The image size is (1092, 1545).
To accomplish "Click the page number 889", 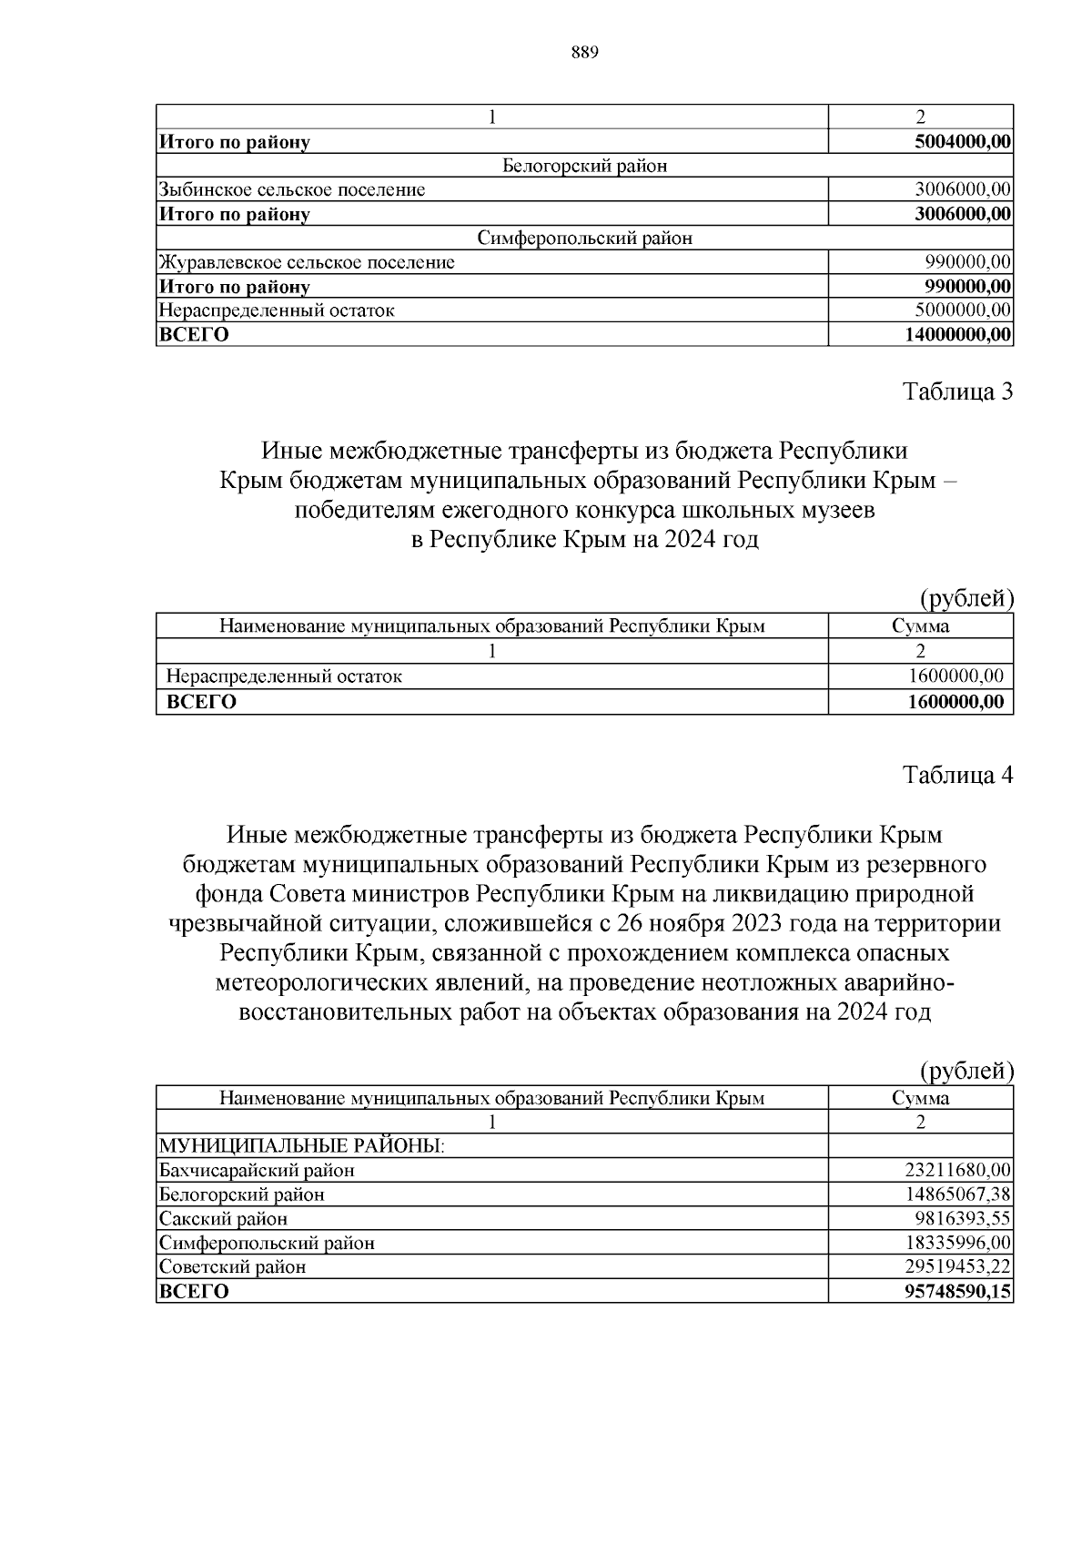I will tap(584, 52).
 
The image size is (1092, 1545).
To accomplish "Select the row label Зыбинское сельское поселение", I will tap(292, 190).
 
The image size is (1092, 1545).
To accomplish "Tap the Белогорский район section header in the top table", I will tap(584, 166).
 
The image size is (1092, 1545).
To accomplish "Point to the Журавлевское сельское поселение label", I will tap(307, 263).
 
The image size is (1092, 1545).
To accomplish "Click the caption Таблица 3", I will tap(957, 392).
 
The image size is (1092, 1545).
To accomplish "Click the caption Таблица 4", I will tap(957, 775).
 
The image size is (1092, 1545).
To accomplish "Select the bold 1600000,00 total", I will tap(955, 702).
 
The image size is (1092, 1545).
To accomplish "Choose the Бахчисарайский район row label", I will tap(257, 1171).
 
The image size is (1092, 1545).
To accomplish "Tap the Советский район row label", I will tap(232, 1267).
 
